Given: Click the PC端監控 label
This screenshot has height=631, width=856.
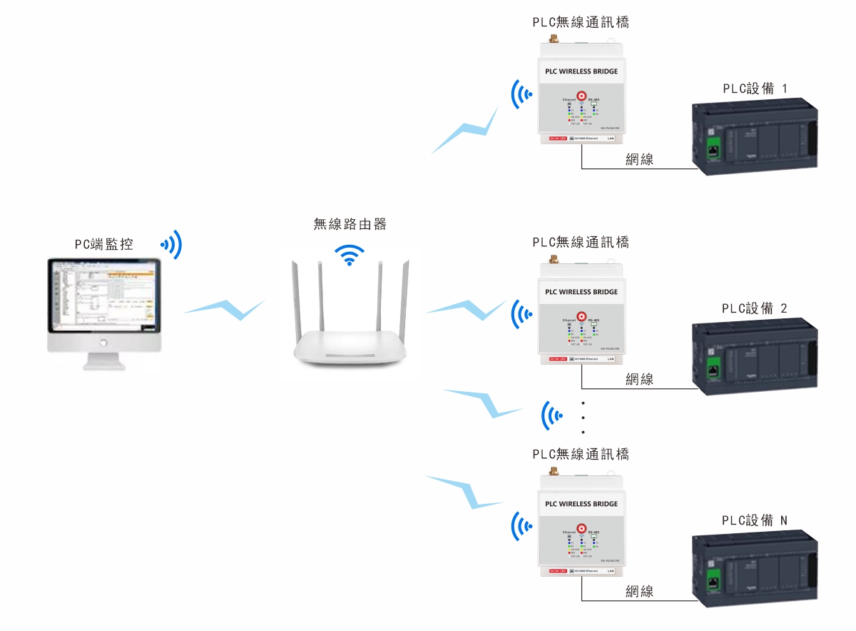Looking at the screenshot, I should [x=104, y=245].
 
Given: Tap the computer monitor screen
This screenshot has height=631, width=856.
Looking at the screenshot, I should [x=101, y=297].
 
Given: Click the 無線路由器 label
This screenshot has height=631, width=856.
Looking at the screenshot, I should [x=350, y=224].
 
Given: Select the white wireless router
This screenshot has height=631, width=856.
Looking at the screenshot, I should [x=350, y=321].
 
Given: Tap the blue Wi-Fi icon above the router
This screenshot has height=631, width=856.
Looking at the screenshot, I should [x=350, y=255].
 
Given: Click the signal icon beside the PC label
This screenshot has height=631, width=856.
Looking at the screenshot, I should [x=172, y=245].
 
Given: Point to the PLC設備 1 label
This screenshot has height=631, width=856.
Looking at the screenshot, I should [x=755, y=89].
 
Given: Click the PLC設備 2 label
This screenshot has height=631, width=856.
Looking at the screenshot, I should [x=755, y=308].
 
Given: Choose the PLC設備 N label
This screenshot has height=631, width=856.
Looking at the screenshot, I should [x=755, y=520].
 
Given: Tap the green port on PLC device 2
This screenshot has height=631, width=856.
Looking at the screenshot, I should [x=712, y=369].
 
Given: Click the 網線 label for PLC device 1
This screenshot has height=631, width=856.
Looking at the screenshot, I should [x=639, y=160].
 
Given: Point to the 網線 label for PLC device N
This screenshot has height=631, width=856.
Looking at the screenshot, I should [x=639, y=591].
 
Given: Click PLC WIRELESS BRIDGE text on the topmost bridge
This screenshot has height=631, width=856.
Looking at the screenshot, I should [x=581, y=71].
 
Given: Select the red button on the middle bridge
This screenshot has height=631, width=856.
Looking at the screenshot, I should [x=581, y=315].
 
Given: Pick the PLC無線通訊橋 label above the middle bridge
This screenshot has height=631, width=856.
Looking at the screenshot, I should [x=581, y=242].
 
